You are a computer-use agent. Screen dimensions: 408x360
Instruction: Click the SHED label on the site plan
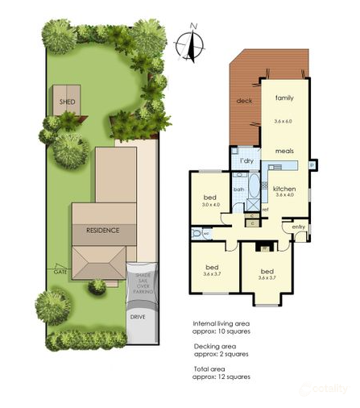click(67, 102)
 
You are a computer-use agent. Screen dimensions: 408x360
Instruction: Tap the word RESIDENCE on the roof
click(102, 230)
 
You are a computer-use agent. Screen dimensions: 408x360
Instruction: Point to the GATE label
click(60, 272)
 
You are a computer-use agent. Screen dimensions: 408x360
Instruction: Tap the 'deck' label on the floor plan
click(244, 101)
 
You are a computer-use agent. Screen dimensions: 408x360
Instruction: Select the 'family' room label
click(283, 98)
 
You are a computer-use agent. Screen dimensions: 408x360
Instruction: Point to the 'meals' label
click(283, 151)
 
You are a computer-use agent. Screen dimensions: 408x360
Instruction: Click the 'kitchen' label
click(287, 187)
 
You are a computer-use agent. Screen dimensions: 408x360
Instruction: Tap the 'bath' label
click(239, 189)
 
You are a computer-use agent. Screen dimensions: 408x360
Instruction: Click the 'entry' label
click(299, 227)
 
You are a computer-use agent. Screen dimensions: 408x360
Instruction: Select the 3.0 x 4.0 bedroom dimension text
click(209, 205)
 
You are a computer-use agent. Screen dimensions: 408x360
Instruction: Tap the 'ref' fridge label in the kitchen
click(265, 209)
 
